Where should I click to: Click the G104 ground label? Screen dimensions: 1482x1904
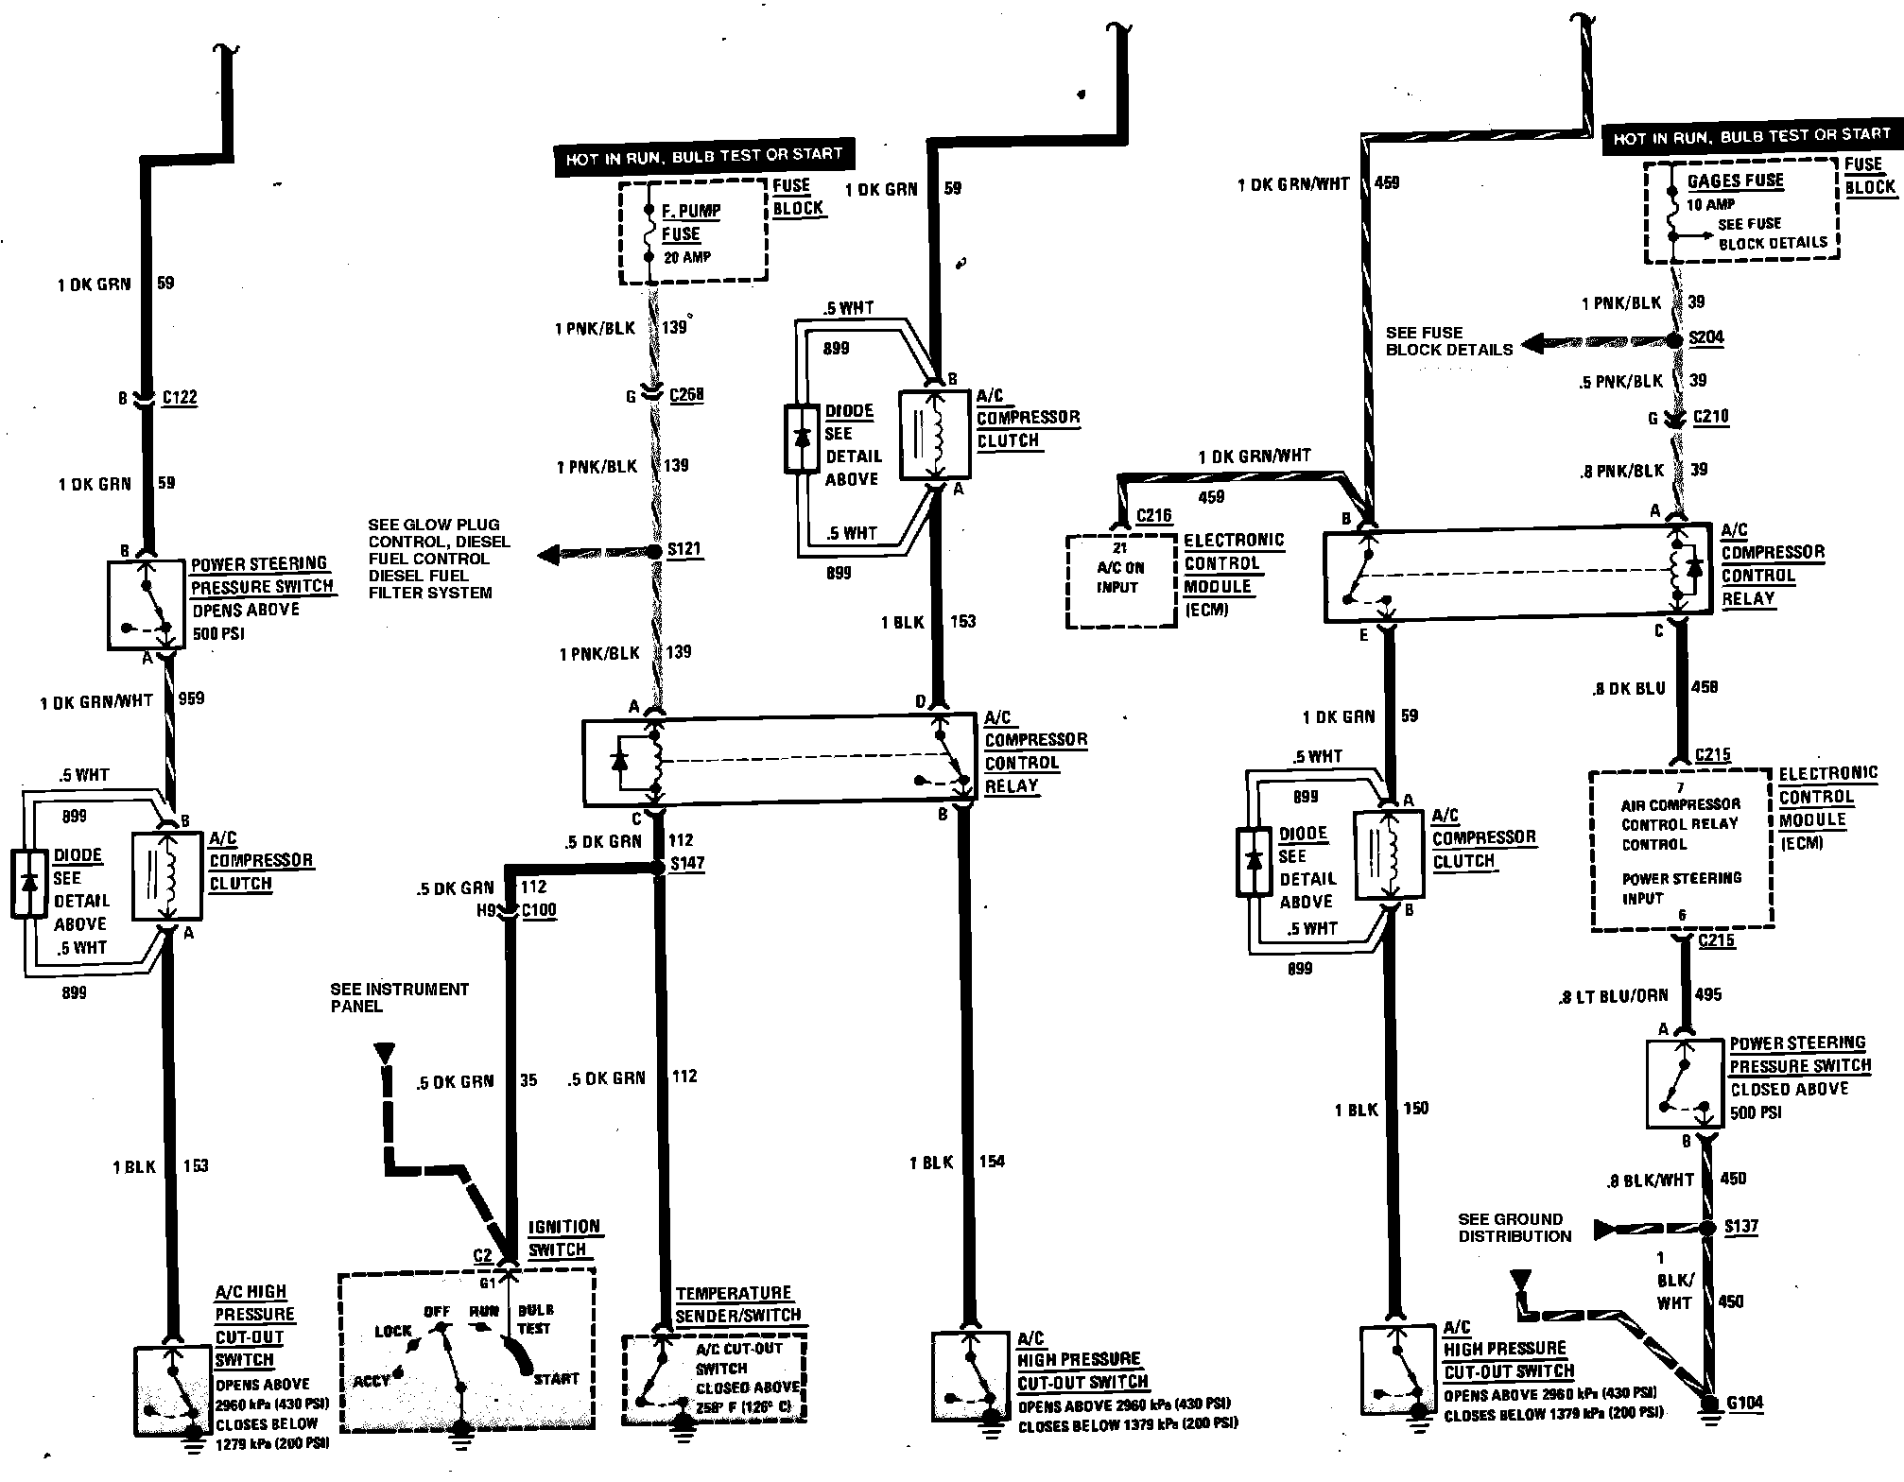[x=1745, y=1403]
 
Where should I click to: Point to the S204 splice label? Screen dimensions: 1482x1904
[x=1706, y=337]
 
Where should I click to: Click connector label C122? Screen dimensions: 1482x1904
[x=180, y=397]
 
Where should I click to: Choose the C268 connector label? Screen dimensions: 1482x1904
[x=686, y=394]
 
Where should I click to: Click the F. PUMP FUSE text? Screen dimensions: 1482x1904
[x=690, y=222]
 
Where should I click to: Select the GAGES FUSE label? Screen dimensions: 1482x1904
[x=1736, y=181]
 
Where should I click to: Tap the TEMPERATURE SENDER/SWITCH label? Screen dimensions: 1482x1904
[x=737, y=1304]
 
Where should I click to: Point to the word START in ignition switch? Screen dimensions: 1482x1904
[x=556, y=1378]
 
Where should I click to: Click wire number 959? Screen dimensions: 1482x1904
[x=191, y=698]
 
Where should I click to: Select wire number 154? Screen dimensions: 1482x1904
[x=992, y=1161]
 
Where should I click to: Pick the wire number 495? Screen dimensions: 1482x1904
[x=1708, y=994]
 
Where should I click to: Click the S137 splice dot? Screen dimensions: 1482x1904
[x=1706, y=1228]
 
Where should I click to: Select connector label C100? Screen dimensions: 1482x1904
[x=539, y=910]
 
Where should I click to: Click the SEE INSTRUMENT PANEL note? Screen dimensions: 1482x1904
[x=399, y=997]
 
